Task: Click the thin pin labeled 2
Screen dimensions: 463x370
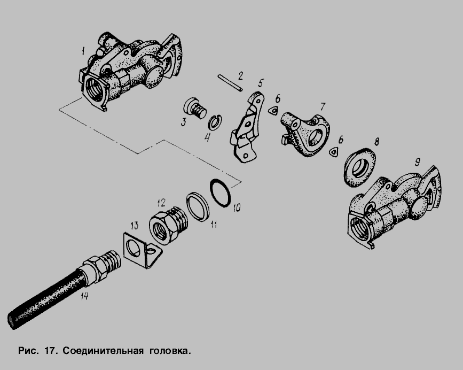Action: coord(230,82)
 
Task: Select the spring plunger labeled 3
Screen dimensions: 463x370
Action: coord(194,109)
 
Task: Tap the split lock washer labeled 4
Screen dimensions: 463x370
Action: coord(215,122)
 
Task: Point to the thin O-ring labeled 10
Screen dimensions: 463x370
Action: coord(220,192)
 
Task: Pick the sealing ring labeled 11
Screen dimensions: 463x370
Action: coord(198,206)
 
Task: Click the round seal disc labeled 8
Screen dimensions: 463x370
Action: coord(359,167)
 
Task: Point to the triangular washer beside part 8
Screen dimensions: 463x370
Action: coord(334,152)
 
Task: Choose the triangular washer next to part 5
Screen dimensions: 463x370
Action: coord(273,111)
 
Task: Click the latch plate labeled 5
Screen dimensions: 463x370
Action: coord(247,127)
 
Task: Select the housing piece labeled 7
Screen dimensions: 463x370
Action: coord(305,134)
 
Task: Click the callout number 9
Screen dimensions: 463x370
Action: coord(417,161)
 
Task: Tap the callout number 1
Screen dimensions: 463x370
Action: coord(83,51)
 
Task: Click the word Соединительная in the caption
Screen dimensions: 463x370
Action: coord(103,351)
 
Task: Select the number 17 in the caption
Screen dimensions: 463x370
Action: coord(51,351)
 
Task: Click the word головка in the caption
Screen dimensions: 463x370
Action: coord(170,351)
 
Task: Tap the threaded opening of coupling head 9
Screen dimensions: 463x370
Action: coord(359,227)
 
